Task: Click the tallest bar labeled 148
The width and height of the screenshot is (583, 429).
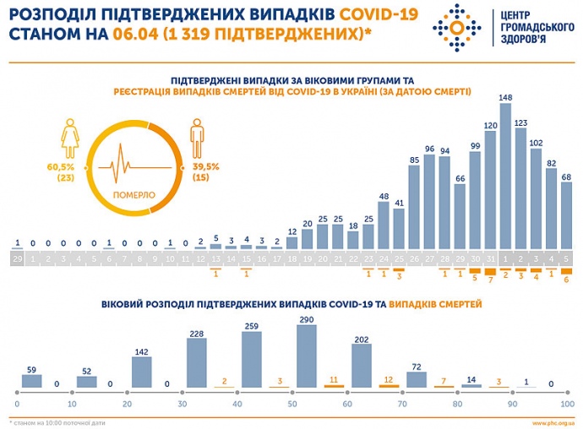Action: click(x=506, y=176)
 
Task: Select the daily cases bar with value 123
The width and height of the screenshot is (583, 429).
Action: click(x=521, y=187)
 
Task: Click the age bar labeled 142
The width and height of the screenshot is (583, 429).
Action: click(x=141, y=372)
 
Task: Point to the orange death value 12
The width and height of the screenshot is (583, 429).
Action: click(x=390, y=379)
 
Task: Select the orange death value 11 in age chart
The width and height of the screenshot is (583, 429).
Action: click(x=334, y=379)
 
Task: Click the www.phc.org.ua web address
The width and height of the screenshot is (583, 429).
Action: click(x=553, y=421)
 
